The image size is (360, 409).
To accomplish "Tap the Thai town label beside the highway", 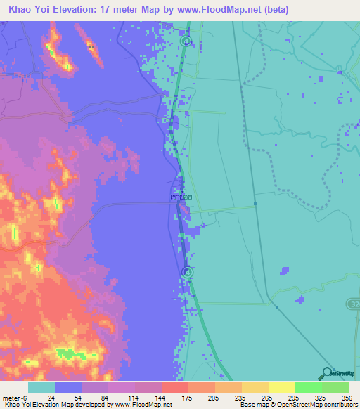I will pos(181,198).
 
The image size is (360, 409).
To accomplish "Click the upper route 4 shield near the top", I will pos(185,41).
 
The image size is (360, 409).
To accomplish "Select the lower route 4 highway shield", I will pos(187,272).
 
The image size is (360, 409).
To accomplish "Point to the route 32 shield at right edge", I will pos(353,302).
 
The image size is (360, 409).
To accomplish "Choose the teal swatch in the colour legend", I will pos(41,387).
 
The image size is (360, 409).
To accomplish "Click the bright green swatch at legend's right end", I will pos(335,387).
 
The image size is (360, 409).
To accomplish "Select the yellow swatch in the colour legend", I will pos(281,387).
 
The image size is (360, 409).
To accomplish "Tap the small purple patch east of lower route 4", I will pos(284,271).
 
